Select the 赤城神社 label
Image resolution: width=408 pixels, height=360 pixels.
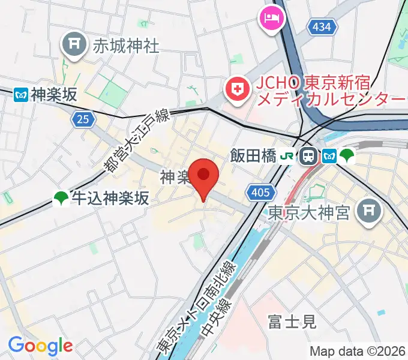pos(126,46)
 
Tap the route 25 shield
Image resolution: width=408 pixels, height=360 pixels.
pos(83,119)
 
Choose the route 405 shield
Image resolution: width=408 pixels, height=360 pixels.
pos(257,192)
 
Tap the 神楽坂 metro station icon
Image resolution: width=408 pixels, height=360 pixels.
pos(21,94)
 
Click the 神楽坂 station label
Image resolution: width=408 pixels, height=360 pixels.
pos(55,94)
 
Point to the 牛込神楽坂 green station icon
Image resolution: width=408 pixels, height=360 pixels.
pos(61,197)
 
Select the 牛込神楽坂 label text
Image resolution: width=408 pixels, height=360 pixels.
pos(109,197)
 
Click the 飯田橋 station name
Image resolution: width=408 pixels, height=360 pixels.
pos(254,157)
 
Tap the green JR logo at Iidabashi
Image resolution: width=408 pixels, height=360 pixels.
pos(288,157)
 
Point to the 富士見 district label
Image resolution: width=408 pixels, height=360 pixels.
pos(292,322)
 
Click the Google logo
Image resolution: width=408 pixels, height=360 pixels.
pos(40,345)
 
